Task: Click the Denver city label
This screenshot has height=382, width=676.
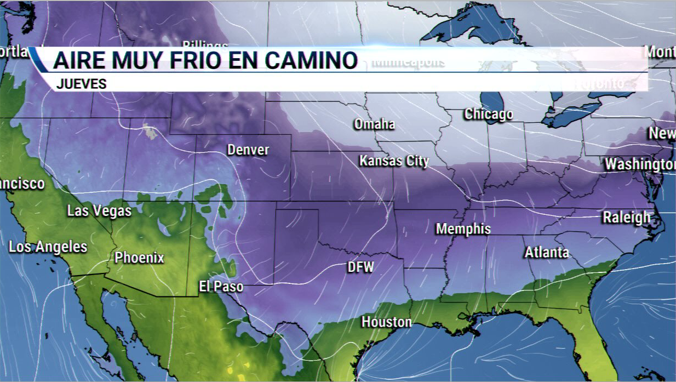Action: click(x=248, y=150)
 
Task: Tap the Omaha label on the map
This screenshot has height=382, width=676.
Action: click(x=374, y=124)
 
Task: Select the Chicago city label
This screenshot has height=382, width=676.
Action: click(x=489, y=114)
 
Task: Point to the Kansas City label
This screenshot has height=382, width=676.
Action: click(x=394, y=161)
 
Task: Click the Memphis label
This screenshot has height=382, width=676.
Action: click(x=463, y=229)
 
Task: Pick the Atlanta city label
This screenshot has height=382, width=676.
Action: click(x=547, y=253)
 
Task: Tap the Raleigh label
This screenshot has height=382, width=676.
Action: click(x=627, y=218)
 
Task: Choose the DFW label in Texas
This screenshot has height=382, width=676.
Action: click(x=360, y=267)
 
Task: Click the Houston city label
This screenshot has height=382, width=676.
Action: click(x=386, y=322)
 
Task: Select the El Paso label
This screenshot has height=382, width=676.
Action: click(x=221, y=287)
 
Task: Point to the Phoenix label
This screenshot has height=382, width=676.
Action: click(x=139, y=258)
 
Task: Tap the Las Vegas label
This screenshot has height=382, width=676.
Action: click(x=99, y=210)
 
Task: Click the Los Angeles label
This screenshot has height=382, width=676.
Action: click(x=48, y=247)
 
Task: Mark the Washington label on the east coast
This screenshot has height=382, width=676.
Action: click(x=640, y=164)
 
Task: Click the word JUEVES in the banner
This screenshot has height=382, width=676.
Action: click(x=81, y=84)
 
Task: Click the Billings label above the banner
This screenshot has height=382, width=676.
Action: click(x=205, y=44)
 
